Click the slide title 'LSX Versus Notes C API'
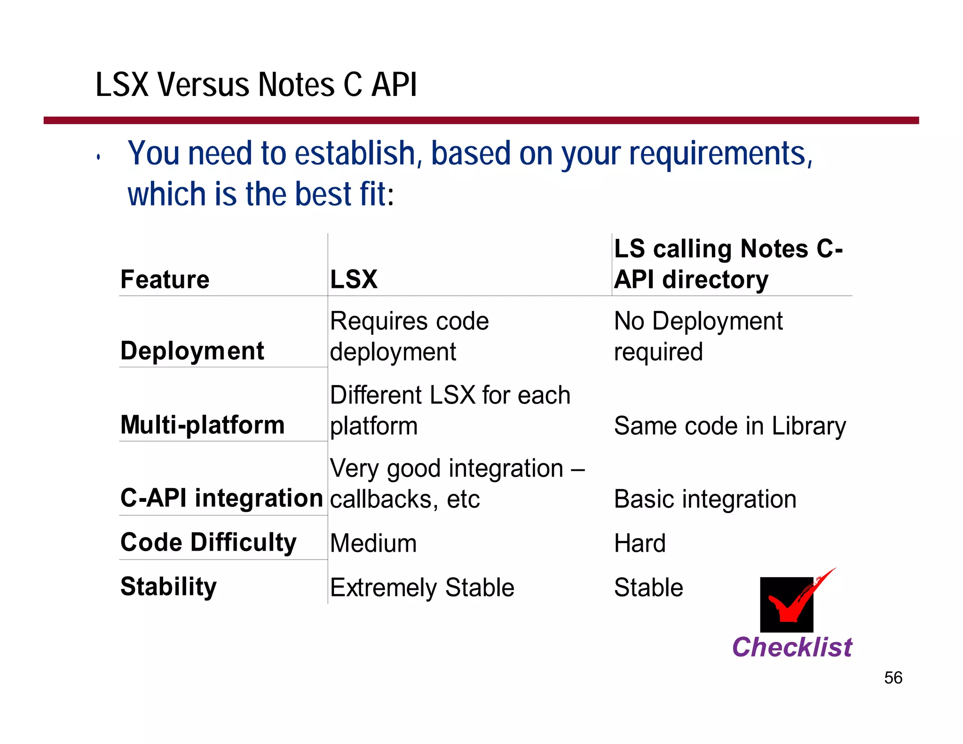[256, 85]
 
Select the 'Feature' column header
[165, 279]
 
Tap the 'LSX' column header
[354, 279]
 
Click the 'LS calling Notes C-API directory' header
[728, 264]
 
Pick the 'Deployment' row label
[192, 351]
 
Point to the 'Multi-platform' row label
[203, 425]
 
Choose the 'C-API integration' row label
[221, 498]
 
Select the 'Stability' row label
[168, 586]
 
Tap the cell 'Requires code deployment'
[409, 336]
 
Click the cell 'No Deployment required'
[698, 336]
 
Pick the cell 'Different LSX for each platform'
[450, 410]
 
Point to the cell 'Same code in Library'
[730, 426]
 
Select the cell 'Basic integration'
[705, 499]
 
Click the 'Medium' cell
[373, 543]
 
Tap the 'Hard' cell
[640, 543]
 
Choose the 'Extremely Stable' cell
[422, 587]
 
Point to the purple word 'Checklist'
[792, 647]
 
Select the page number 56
[893, 678]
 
